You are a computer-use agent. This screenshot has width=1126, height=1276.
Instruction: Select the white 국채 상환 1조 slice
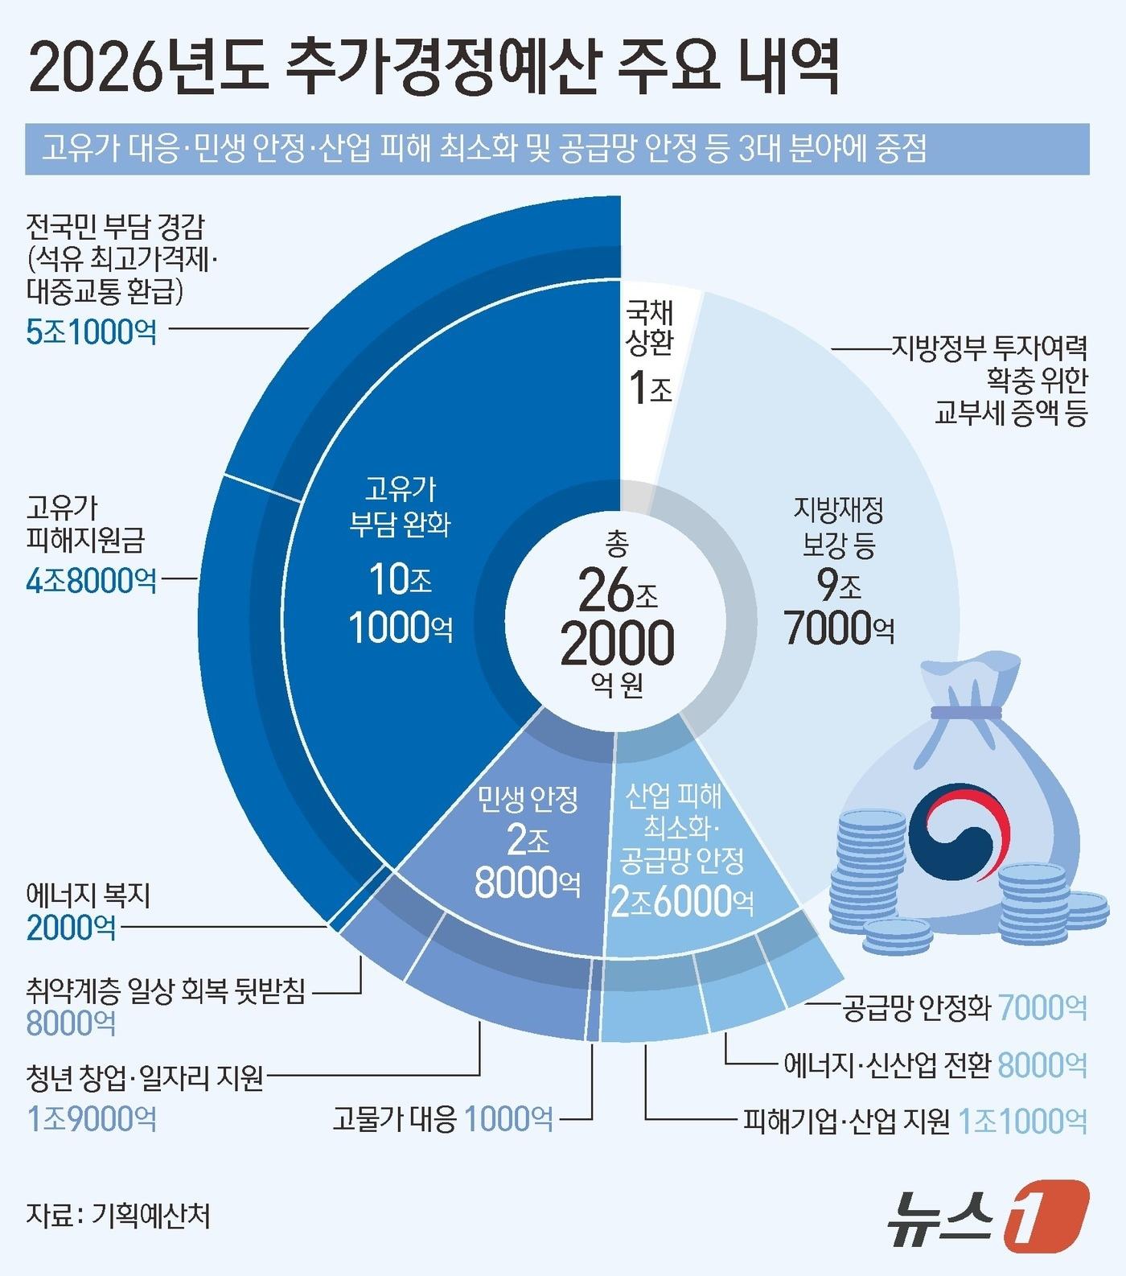pos(650,354)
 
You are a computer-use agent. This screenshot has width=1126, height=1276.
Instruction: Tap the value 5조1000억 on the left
pos(91,331)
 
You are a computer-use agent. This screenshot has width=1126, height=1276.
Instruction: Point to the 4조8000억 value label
pos(91,579)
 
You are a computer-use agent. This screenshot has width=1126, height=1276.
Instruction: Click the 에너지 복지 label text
pos(88,895)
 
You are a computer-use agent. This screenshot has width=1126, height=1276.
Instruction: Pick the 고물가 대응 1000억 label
pos(442,1118)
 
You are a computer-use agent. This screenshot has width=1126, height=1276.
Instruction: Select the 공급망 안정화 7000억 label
pos(964,1006)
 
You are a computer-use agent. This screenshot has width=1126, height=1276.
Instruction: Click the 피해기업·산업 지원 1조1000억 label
pos(914,1121)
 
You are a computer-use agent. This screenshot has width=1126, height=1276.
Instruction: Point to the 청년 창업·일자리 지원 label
pos(144,1076)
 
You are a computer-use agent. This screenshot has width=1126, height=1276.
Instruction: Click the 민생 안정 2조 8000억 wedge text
pos(528,841)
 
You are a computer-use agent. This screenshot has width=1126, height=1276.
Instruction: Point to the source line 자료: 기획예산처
pos(117,1215)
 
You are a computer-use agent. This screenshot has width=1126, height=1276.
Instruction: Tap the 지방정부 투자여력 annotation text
pos(988,348)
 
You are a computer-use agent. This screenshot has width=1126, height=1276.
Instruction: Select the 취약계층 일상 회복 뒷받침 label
pos(166,990)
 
